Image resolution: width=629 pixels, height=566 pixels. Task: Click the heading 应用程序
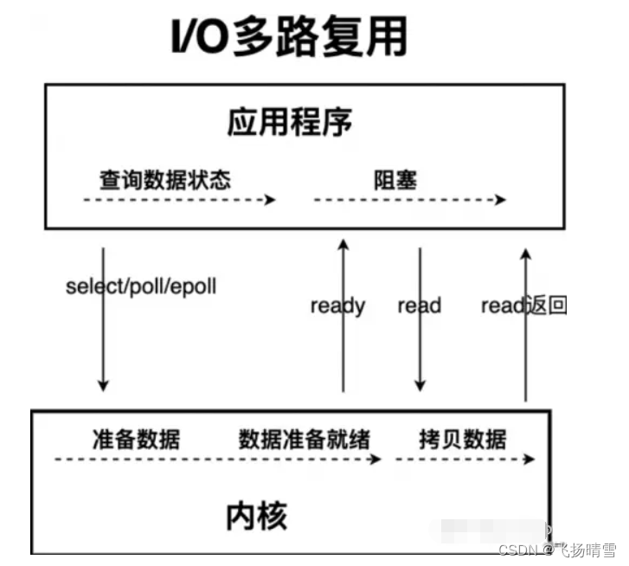tap(290, 122)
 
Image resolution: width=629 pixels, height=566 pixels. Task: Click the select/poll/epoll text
tap(140, 286)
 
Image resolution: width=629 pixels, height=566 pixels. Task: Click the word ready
tap(337, 306)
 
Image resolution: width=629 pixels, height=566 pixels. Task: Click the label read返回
tap(523, 306)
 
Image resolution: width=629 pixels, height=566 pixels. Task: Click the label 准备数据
tap(136, 438)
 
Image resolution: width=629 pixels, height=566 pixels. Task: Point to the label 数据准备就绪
tap(304, 438)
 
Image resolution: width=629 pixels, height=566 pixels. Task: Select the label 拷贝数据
tap(462, 438)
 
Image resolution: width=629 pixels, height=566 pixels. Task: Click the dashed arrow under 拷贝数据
tap(464, 459)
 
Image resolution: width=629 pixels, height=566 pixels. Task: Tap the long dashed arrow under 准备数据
tap(216, 459)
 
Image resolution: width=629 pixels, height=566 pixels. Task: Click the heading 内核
tap(256, 516)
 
